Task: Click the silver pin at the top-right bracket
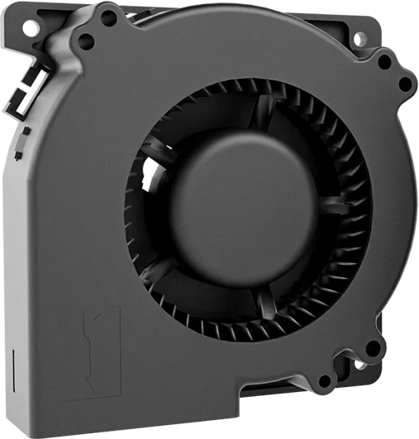click(x=360, y=39)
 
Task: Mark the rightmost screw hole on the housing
click(x=405, y=83)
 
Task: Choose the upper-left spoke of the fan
click(x=153, y=153)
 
